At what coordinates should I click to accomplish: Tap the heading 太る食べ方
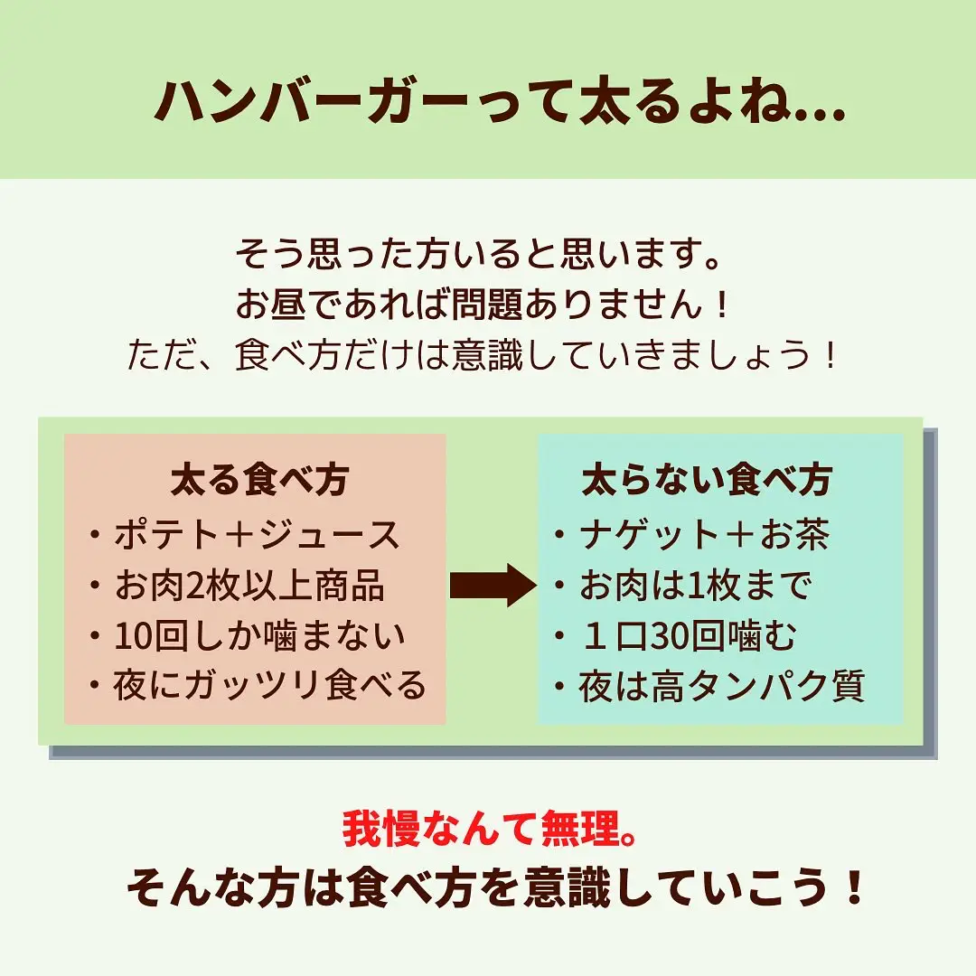(x=259, y=480)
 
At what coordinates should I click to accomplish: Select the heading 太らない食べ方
(x=707, y=480)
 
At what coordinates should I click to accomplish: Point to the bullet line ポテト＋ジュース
(x=245, y=535)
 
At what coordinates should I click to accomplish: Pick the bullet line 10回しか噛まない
(x=247, y=635)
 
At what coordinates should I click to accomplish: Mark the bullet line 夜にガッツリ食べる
(x=258, y=685)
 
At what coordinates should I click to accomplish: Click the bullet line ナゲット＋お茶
(x=691, y=535)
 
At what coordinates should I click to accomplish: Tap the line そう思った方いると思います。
(x=478, y=254)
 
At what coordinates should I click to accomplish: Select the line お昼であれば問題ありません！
(x=483, y=305)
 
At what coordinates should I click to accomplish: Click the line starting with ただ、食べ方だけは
(x=483, y=355)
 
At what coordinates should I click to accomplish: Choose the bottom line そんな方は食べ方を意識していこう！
(x=495, y=887)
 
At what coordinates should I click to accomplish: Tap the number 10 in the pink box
(x=132, y=636)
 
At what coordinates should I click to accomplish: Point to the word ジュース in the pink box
(x=330, y=535)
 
